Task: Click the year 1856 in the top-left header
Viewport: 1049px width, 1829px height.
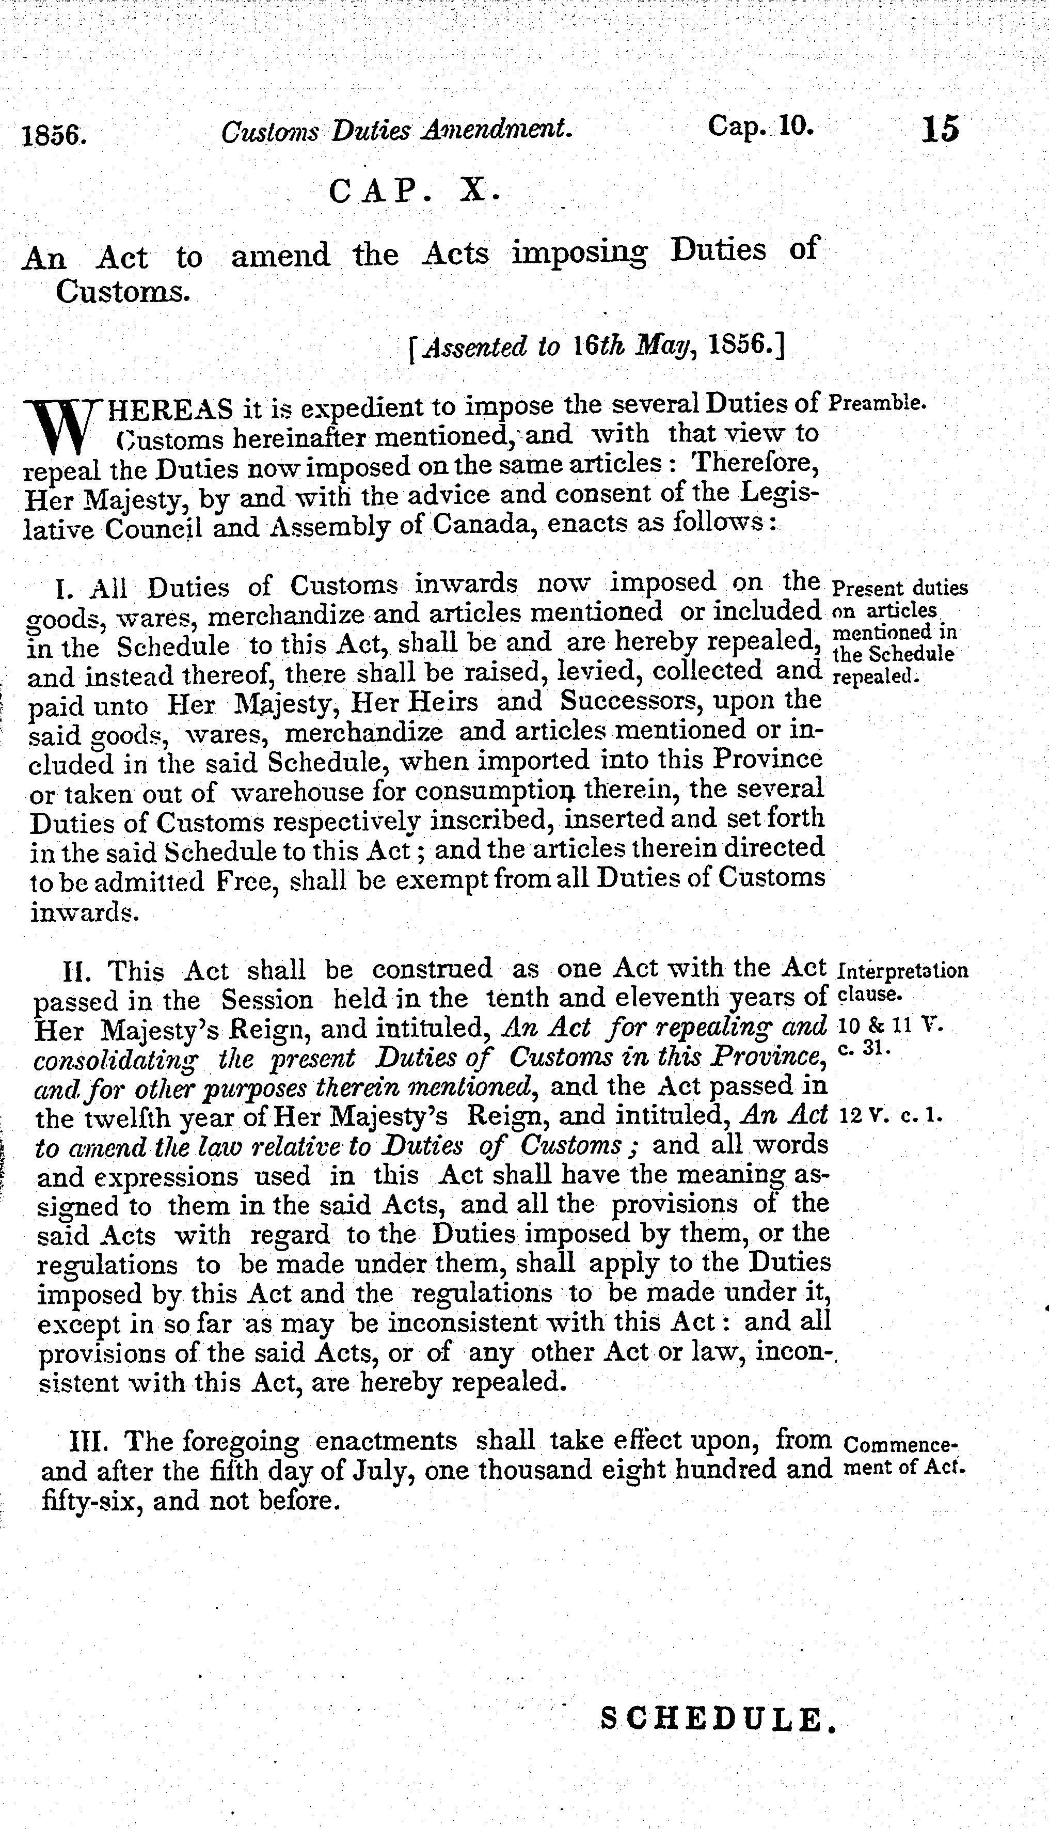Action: [55, 135]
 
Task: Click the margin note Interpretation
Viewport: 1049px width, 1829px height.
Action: [903, 970]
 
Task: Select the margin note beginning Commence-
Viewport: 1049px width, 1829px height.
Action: [901, 1445]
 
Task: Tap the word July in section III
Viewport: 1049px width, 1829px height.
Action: [389, 1470]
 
